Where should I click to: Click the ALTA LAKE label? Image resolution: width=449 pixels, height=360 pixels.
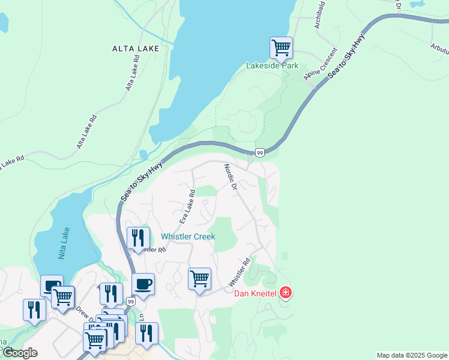[135, 48]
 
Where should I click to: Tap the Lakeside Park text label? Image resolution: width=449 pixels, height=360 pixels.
[273, 65]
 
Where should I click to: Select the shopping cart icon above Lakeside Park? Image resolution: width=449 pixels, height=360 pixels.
[281, 47]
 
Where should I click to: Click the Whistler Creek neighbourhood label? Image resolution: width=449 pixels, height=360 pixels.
[188, 236]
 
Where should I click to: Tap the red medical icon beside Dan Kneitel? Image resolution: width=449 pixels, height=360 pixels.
[286, 293]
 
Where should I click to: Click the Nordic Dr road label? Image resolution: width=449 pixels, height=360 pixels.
[231, 177]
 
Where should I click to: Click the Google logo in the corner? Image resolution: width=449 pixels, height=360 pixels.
[20, 352]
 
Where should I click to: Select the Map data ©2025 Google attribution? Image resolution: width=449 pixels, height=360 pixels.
[412, 355]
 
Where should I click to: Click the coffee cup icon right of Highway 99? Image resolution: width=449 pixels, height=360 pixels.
[143, 284]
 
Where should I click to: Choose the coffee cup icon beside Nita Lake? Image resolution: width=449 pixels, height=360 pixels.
[52, 286]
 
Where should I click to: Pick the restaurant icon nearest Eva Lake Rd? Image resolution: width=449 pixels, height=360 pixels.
[138, 238]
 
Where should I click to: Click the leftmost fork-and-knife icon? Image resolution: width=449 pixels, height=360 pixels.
[34, 310]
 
